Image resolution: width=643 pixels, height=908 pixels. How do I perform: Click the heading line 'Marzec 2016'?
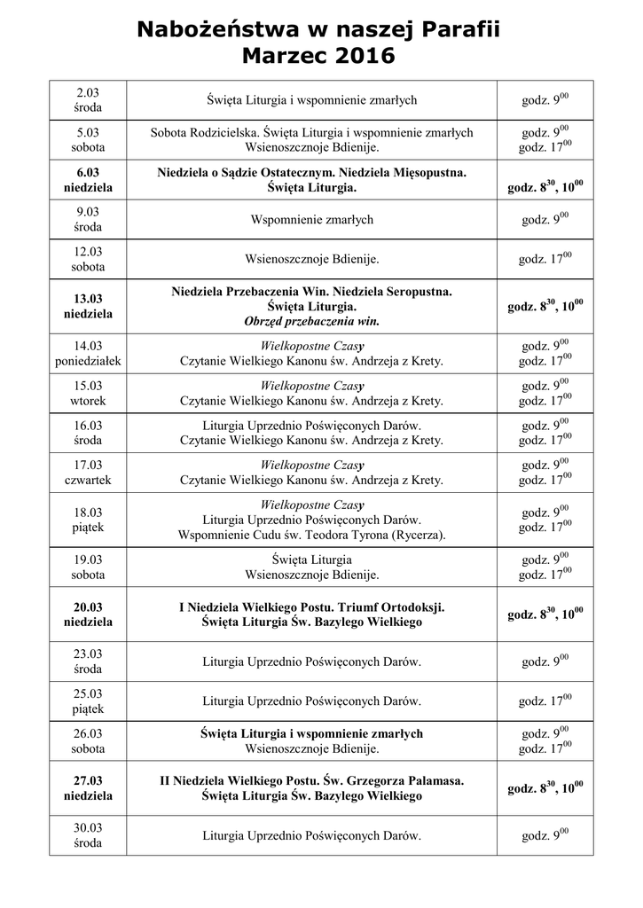[x=318, y=58]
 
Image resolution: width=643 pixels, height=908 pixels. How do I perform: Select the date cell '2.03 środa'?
[x=88, y=100]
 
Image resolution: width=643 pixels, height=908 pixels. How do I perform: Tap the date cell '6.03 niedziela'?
[x=88, y=180]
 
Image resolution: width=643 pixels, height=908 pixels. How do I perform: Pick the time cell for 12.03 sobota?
[x=545, y=259]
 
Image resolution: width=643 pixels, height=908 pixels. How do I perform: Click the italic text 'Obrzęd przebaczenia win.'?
[x=311, y=320]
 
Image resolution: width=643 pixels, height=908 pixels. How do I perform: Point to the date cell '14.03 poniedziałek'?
[x=88, y=353]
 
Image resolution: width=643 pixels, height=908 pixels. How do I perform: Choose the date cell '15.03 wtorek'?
[x=88, y=393]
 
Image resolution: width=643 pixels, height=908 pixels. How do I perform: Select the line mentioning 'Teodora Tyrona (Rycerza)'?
[x=311, y=535]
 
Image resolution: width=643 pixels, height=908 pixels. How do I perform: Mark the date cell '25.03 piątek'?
[x=88, y=701]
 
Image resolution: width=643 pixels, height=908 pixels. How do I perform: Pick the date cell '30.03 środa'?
[x=88, y=835]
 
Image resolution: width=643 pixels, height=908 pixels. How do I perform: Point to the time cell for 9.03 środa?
[x=545, y=219]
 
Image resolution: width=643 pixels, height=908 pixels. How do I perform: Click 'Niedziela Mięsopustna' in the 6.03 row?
[x=396, y=172]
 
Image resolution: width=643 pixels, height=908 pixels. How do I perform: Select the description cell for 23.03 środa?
[x=311, y=661]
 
